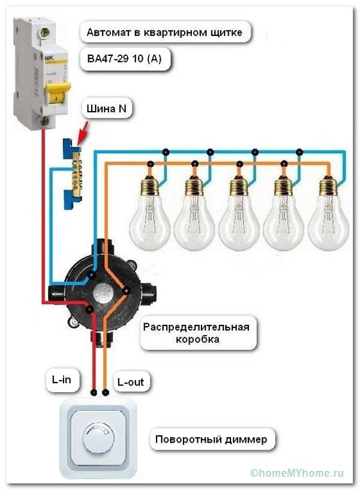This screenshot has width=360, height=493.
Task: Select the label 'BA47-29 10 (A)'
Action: click(128, 58)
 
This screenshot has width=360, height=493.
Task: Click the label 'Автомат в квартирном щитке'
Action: click(165, 32)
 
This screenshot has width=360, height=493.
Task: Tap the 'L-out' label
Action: click(130, 381)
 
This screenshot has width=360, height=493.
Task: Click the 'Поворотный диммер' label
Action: click(211, 439)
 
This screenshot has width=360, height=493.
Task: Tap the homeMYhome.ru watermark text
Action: click(301, 474)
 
